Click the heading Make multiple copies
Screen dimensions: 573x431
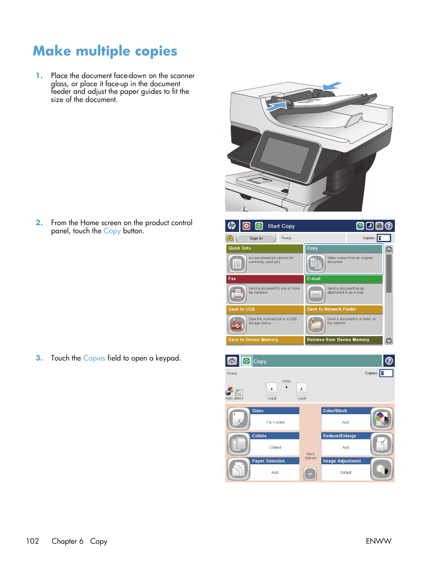pyautogui.click(x=105, y=51)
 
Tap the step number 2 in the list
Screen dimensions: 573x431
pyautogui.click(x=39, y=222)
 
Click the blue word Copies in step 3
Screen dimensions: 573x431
pyautogui.click(x=94, y=358)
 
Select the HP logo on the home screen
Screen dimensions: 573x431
pyautogui.click(x=232, y=226)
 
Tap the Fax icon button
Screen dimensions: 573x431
pyautogui.click(x=237, y=294)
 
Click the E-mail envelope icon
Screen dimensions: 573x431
pyautogui.click(x=316, y=294)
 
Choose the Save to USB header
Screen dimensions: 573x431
pyautogui.click(x=265, y=310)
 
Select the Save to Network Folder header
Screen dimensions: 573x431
pyautogui.click(x=343, y=310)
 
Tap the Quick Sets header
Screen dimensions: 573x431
pyautogui.click(x=265, y=248)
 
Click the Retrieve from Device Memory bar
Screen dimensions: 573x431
pyautogui.click(x=343, y=340)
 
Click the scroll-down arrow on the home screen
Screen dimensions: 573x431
pyautogui.click(x=389, y=341)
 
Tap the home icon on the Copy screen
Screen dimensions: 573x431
pyautogui.click(x=232, y=361)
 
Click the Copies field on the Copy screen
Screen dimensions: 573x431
pyautogui.click(x=386, y=373)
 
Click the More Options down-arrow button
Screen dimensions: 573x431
pyautogui.click(x=310, y=474)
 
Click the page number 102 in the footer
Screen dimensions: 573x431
pyautogui.click(x=33, y=541)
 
